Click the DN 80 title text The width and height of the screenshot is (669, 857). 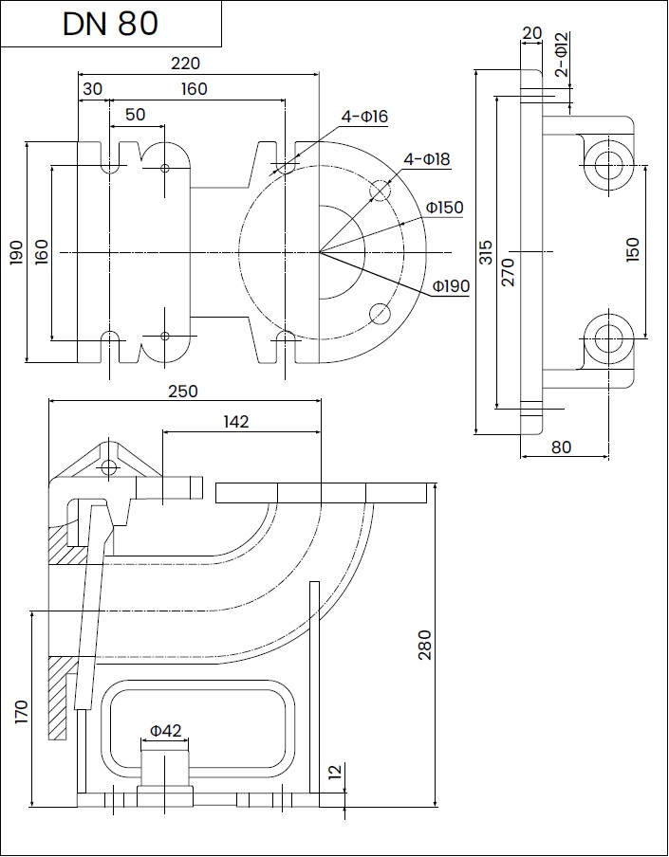[x=110, y=24]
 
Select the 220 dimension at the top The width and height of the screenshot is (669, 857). [x=185, y=64]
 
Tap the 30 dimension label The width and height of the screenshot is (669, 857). [x=92, y=89]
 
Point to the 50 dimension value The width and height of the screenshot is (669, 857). [x=136, y=115]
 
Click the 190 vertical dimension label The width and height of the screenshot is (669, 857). [x=16, y=252]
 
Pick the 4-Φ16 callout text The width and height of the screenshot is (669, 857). [x=364, y=117]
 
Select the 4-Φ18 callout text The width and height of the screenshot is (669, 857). [x=427, y=159]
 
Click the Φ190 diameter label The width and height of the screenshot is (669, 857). [x=451, y=286]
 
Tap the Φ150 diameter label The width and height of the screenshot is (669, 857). [x=445, y=208]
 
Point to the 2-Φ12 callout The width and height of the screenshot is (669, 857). [x=561, y=54]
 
